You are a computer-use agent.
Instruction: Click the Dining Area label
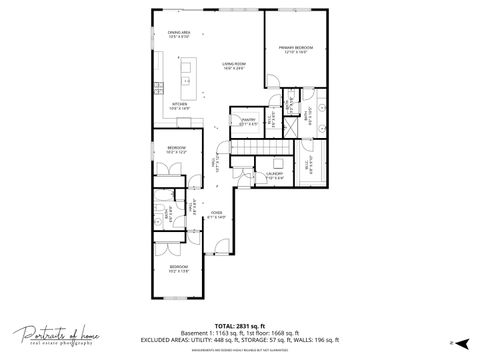point(178,35)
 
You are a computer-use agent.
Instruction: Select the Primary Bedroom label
point(296,48)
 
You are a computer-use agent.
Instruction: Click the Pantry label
point(249,122)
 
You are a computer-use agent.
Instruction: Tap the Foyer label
point(217,214)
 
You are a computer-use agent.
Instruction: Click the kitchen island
point(186,76)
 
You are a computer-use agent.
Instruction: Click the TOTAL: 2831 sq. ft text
point(239,324)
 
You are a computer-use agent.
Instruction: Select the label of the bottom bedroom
point(178,268)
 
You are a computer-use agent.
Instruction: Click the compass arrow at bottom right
point(455,342)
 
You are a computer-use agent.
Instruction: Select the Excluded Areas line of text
point(239,340)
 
